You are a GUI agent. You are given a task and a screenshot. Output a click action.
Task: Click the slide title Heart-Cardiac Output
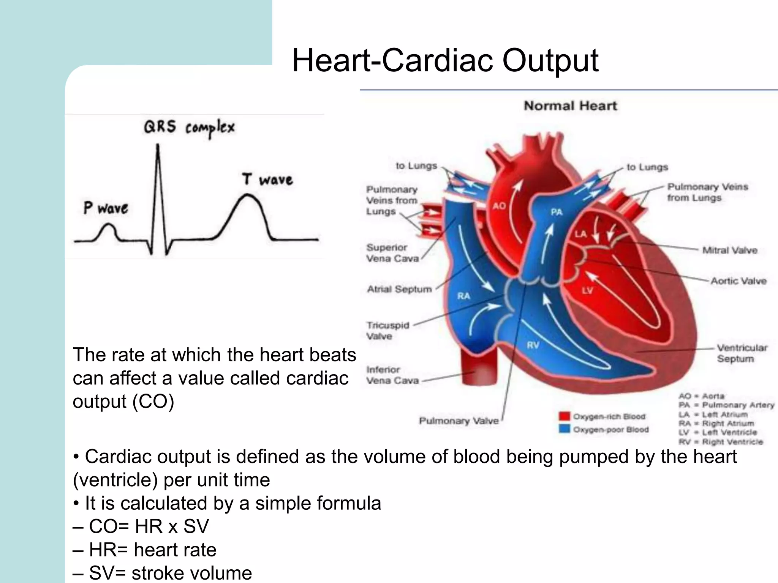[445, 61]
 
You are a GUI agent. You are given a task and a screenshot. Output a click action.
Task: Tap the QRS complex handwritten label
[189, 128]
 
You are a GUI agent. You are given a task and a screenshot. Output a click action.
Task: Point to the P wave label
[106, 208]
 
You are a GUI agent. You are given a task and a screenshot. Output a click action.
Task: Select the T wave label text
[267, 179]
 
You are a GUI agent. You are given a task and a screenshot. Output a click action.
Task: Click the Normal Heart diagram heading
[570, 106]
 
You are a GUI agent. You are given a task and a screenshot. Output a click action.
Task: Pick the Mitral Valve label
[730, 250]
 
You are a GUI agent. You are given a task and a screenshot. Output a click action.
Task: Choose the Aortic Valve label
[738, 281]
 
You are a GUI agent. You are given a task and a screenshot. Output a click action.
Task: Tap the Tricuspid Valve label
[387, 331]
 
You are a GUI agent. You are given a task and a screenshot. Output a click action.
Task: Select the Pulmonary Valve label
[459, 421]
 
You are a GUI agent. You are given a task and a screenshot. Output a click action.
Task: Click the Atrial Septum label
[399, 289]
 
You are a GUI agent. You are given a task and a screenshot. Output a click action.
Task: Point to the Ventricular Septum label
[742, 353]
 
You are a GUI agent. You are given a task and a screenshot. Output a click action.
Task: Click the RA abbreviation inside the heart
[463, 296]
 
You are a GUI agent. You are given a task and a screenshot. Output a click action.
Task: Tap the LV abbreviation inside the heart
[587, 291]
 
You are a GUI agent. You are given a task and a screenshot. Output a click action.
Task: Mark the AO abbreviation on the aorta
[499, 206]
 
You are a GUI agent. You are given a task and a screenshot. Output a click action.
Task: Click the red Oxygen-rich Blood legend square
[565, 416]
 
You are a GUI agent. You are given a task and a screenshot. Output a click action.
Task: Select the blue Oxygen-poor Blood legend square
[565, 429]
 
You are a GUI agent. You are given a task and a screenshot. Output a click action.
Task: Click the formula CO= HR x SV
[149, 526]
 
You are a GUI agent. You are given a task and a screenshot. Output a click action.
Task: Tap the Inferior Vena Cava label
[392, 375]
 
